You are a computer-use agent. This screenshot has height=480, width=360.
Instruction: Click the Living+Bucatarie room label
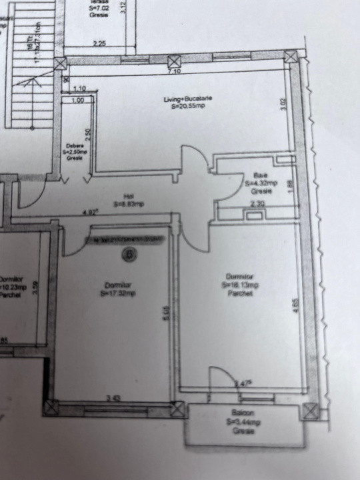(x=188, y=99)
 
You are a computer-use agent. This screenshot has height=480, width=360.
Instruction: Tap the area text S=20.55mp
(x=188, y=106)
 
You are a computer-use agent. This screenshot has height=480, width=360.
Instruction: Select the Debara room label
(x=73, y=146)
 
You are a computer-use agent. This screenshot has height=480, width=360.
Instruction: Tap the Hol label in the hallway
(x=128, y=197)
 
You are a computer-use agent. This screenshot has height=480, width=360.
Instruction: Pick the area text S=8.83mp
(x=129, y=204)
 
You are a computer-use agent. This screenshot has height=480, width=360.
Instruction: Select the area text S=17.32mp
(x=117, y=292)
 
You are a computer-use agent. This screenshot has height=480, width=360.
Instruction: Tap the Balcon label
(x=243, y=413)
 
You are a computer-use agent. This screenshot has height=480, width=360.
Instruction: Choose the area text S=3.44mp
(x=243, y=422)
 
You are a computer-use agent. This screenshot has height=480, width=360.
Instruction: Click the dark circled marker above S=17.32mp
(x=130, y=253)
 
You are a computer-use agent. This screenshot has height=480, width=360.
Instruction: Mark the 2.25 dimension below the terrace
(x=99, y=43)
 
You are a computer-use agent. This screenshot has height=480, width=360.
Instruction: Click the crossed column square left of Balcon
(x=177, y=409)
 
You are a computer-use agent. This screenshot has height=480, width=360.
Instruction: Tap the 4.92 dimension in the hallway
(x=90, y=213)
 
